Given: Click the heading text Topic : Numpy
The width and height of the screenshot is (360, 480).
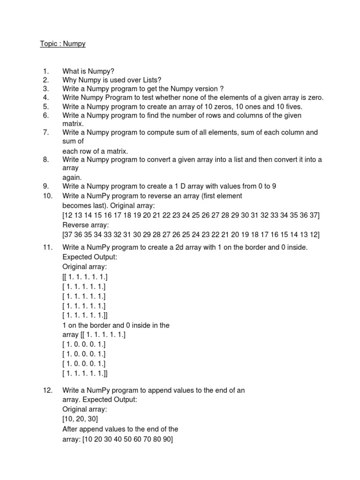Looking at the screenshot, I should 62,44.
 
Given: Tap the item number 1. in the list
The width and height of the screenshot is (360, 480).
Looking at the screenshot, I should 46,71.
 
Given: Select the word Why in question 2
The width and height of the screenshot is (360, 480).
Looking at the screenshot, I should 70,80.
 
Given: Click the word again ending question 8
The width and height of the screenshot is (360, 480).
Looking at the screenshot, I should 72,177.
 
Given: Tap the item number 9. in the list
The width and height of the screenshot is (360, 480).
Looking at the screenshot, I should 46,186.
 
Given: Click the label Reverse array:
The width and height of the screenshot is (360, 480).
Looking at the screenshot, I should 83,225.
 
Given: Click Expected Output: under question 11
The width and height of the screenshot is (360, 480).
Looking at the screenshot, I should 90,257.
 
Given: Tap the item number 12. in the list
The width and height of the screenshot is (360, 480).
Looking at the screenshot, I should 48,390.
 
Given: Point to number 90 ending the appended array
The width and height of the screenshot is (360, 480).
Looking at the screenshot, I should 166,440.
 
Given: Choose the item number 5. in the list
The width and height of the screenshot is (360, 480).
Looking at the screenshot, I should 46,106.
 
